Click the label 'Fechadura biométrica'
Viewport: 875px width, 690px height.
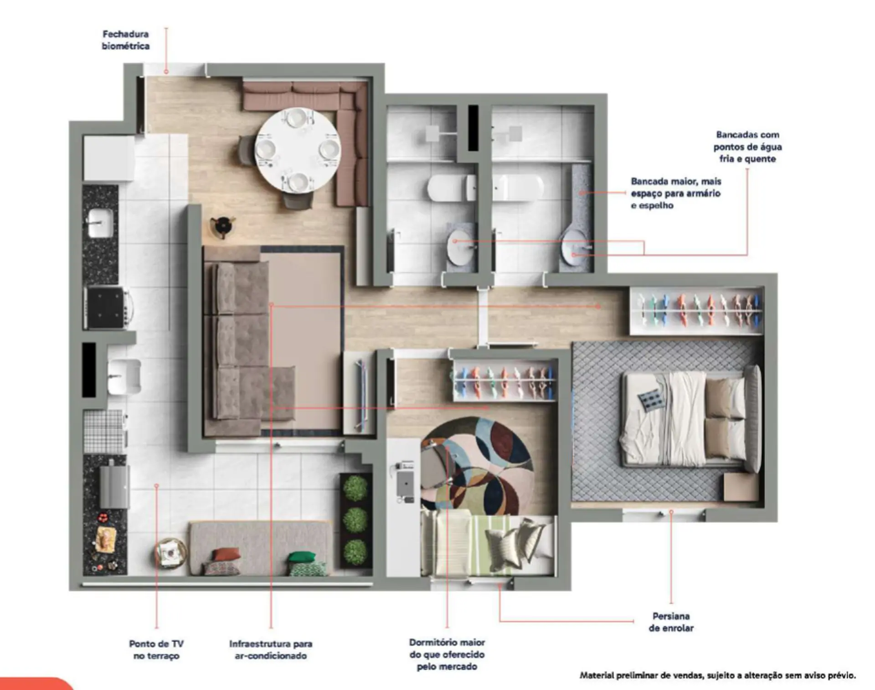(126, 40)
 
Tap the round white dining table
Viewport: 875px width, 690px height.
(298, 150)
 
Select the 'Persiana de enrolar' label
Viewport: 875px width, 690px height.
(671, 622)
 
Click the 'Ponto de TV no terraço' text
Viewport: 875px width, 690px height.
(156, 650)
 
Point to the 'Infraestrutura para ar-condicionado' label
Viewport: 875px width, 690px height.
(271, 650)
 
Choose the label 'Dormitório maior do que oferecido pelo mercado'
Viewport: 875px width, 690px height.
(447, 654)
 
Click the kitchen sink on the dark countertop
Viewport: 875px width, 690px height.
(100, 223)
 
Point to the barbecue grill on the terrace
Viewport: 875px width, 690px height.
(114, 484)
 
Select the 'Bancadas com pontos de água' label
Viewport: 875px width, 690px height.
(747, 147)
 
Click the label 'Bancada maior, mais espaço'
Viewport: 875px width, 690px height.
(676, 187)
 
